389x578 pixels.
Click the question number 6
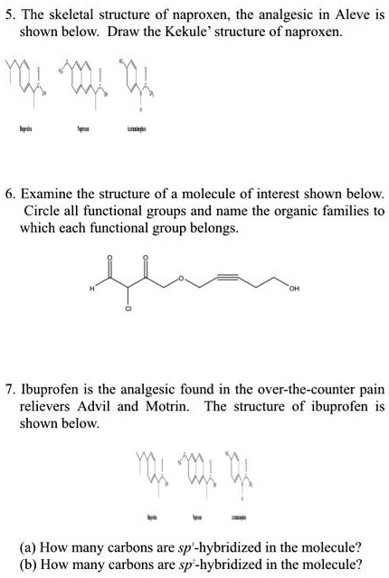(10, 195)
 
